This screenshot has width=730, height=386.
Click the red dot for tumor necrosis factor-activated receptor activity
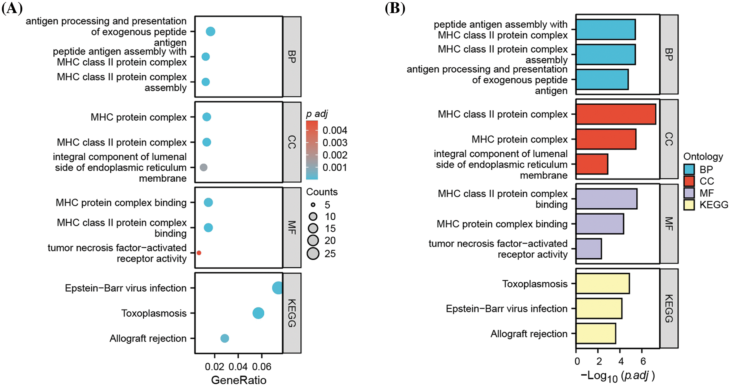coord(199,253)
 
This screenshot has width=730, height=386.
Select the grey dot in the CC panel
coord(204,167)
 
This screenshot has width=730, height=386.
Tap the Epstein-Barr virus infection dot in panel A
coord(277,288)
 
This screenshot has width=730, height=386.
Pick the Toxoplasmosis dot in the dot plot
coord(258,313)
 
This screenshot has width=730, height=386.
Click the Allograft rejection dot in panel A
coord(225,338)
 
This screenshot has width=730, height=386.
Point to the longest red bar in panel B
coord(616,114)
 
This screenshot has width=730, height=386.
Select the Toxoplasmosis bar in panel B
coord(602,283)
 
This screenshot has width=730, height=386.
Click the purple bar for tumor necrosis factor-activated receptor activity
coord(589,248)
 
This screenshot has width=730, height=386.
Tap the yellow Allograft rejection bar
coord(596,333)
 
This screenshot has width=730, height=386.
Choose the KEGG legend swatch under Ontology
coord(689,205)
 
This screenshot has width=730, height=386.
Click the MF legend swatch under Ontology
coord(689,193)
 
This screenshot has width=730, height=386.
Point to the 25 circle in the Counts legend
coord(313,253)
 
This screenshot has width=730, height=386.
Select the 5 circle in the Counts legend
coord(313,205)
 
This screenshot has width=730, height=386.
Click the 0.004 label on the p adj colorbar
coord(335,130)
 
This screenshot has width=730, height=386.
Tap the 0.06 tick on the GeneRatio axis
coord(262,367)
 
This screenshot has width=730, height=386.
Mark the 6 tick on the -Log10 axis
coord(643,361)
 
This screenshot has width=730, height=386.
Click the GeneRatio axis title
coord(239,380)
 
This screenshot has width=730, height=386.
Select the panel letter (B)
coord(395,8)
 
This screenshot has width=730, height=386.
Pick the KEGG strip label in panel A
coord(292,313)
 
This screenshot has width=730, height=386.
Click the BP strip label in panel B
coord(669,55)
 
